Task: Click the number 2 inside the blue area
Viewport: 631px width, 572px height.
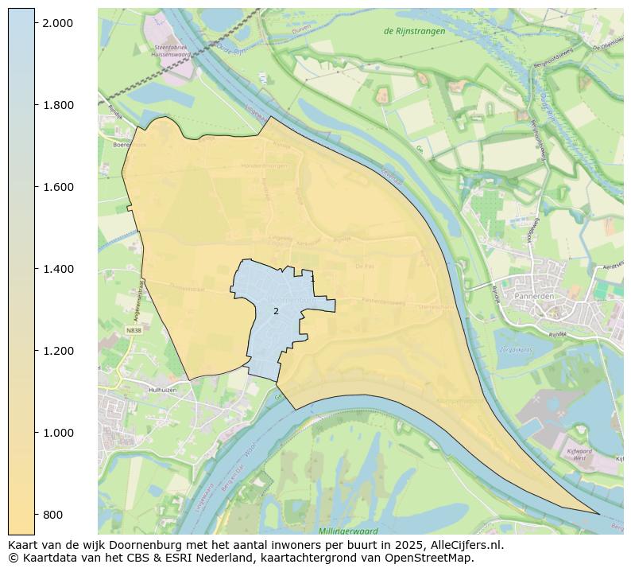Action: click(276, 311)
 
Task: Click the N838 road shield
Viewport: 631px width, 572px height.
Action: click(133, 329)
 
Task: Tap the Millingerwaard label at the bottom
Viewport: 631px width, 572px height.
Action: click(347, 530)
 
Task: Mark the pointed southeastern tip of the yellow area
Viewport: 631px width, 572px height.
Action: click(599, 514)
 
